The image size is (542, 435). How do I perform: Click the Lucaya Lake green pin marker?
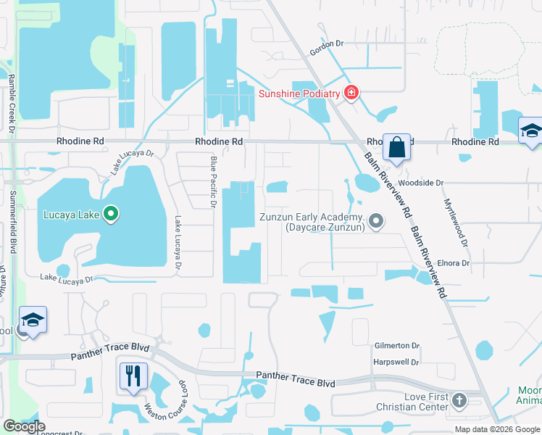111,214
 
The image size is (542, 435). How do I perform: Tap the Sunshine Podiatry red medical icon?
351,93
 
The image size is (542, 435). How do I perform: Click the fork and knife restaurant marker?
133,376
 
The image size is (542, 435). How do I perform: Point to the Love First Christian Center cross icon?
459,399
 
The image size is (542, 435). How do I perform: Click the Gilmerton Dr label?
397,346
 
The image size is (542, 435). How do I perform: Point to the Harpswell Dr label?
397,362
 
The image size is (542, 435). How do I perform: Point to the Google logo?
24,426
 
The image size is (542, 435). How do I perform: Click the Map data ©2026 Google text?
498,429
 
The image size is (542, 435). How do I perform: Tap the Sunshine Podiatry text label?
299,94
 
